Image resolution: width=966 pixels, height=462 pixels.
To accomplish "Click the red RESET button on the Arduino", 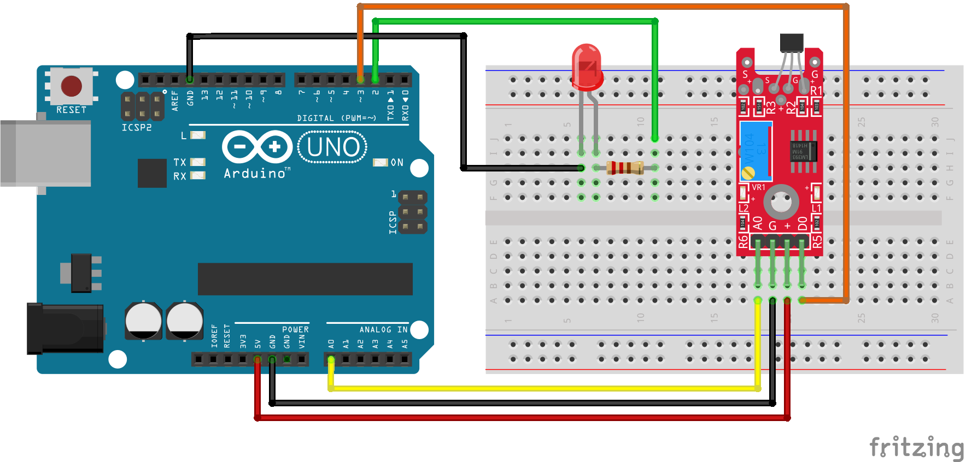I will click(x=72, y=86).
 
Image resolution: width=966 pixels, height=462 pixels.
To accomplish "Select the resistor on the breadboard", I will click(x=625, y=168).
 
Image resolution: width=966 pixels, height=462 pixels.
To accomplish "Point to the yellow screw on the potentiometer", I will click(x=748, y=173).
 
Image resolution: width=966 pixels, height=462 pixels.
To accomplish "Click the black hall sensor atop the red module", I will click(x=792, y=42).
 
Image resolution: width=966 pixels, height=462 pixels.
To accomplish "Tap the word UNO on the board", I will click(x=333, y=147).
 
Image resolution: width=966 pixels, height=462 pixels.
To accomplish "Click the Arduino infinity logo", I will click(x=257, y=146).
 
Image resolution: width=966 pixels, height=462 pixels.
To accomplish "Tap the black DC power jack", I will click(x=66, y=328).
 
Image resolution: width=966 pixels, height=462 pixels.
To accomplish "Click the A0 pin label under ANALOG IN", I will click(x=331, y=344).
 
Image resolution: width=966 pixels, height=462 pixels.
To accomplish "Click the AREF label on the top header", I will click(x=175, y=101).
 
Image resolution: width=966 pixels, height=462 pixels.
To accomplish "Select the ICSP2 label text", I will click(x=137, y=127).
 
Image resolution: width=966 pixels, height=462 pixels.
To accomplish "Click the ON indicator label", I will click(x=397, y=163).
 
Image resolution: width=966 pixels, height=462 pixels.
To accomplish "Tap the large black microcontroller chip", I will click(x=305, y=279).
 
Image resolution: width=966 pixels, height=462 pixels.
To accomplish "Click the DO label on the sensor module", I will click(x=802, y=223).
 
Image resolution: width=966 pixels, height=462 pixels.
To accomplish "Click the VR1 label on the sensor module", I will click(x=758, y=187).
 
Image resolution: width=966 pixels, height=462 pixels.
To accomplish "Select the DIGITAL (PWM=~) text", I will click(x=336, y=118).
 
